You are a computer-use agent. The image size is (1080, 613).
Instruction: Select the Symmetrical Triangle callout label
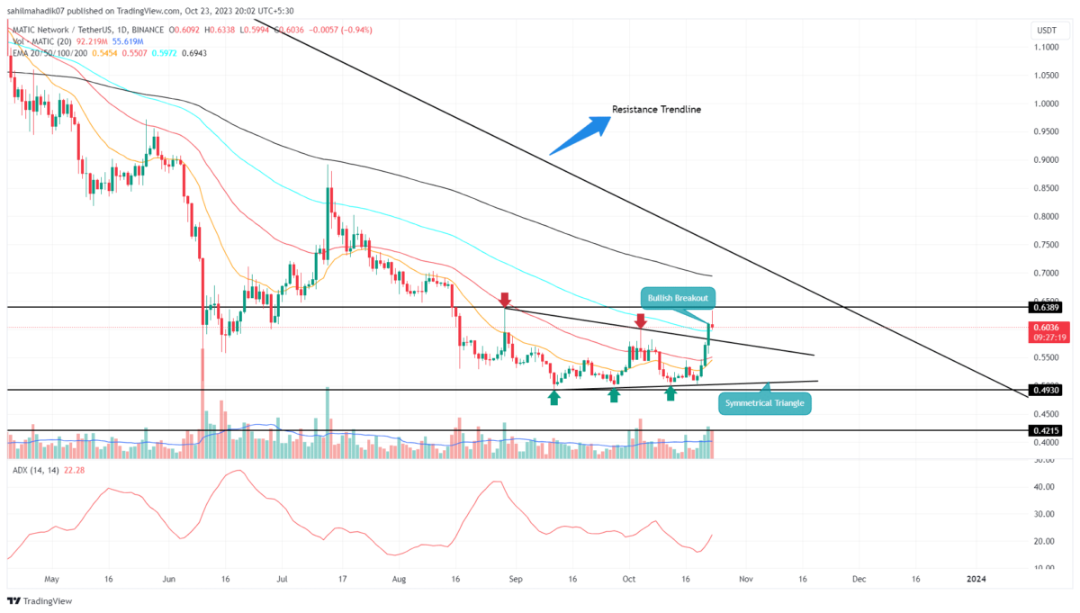(764, 402)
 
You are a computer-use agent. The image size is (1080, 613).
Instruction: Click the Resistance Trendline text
(656, 110)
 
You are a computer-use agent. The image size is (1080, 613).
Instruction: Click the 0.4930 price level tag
(1046, 390)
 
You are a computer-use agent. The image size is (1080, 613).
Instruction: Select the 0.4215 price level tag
(1046, 430)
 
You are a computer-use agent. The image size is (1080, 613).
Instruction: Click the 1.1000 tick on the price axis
(1045, 48)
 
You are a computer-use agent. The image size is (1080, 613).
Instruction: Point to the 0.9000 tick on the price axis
(1045, 160)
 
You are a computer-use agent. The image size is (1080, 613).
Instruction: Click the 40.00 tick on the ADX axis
(1043, 487)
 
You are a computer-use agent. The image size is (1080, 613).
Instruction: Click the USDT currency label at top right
(1046, 31)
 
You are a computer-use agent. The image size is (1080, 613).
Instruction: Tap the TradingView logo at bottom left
(40, 600)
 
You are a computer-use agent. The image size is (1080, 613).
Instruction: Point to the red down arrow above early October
(640, 320)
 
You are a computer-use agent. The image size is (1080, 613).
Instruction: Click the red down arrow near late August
(505, 299)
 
